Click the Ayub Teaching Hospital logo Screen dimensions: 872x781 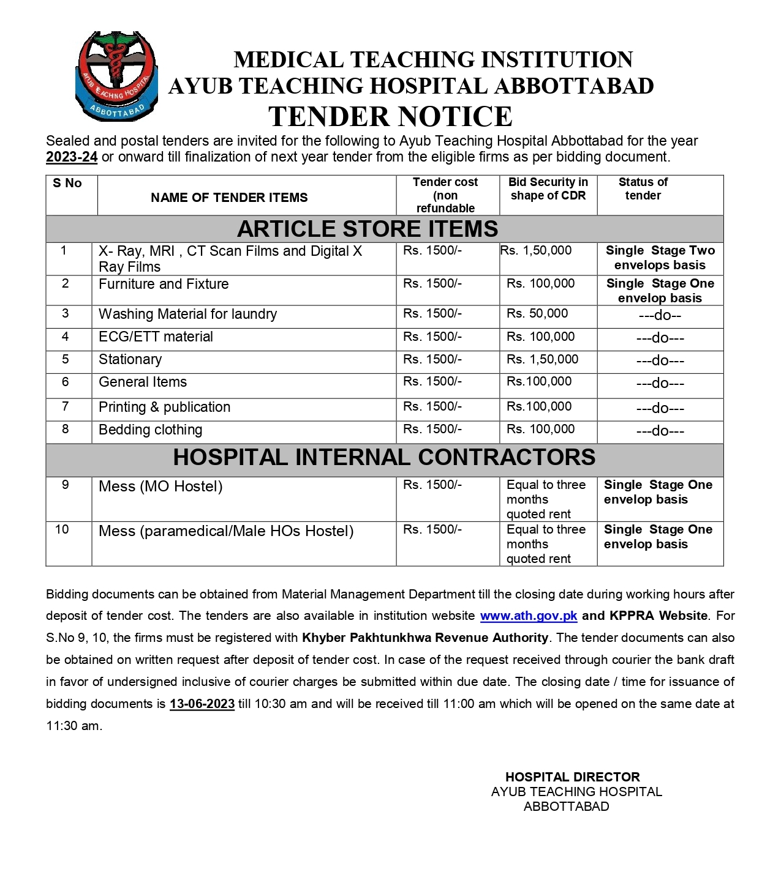(x=116, y=76)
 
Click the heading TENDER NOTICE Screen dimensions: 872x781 (x=390, y=116)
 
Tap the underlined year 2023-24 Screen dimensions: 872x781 (x=72, y=157)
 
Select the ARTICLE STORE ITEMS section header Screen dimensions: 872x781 (x=368, y=229)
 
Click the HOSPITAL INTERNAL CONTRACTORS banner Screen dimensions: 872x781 (x=384, y=458)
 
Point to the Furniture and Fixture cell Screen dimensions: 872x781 (x=164, y=285)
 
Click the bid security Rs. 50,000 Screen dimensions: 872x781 (x=537, y=314)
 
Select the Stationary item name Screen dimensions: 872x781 (x=130, y=360)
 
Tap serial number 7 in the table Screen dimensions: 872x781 (x=66, y=407)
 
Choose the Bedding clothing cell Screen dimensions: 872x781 (x=151, y=430)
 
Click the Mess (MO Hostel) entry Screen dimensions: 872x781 (x=160, y=487)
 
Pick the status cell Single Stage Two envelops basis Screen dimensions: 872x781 (x=660, y=258)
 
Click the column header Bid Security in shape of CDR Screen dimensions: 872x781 (x=548, y=189)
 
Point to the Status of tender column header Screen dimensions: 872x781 (x=643, y=189)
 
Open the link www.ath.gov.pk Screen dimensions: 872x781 (x=528, y=616)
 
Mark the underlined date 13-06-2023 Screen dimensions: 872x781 (x=202, y=704)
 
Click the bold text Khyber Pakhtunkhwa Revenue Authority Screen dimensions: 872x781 (x=425, y=638)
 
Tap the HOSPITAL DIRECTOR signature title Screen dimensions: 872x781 (x=572, y=777)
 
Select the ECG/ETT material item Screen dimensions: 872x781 (x=156, y=337)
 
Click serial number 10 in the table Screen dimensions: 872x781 (x=62, y=530)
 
